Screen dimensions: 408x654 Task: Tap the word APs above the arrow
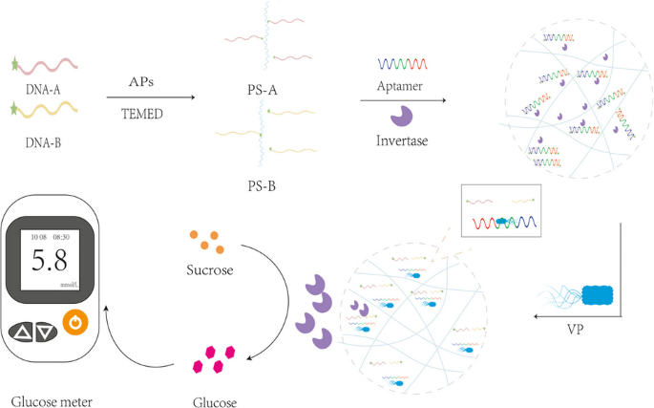143,83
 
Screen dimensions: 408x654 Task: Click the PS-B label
258,183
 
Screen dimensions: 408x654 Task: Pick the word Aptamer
398,97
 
